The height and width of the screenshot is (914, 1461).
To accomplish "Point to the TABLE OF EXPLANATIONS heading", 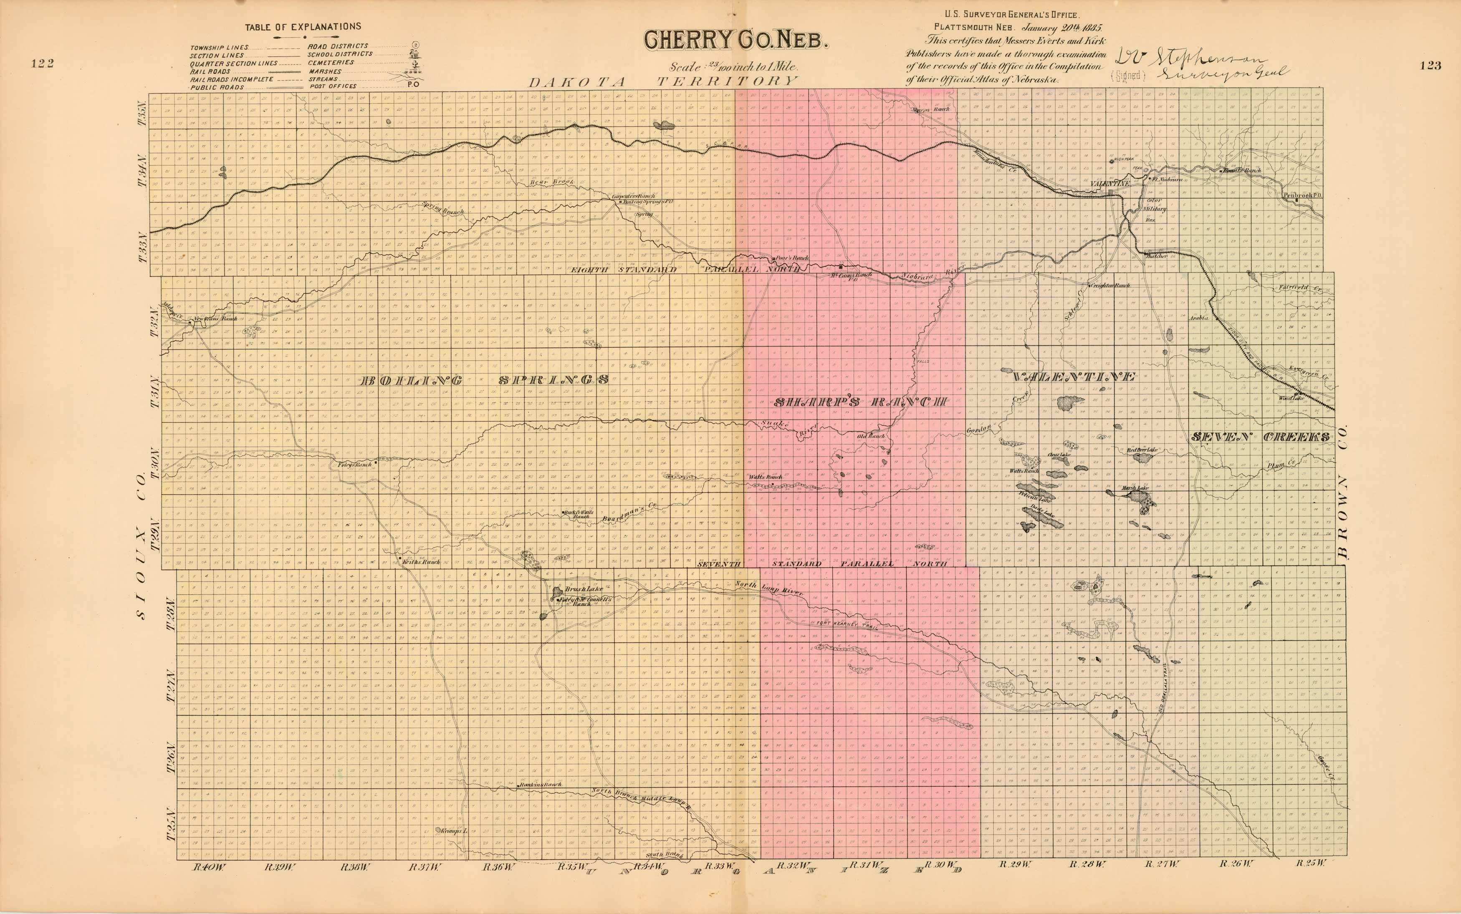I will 303,27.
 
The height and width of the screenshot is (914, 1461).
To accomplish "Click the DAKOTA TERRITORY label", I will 663,82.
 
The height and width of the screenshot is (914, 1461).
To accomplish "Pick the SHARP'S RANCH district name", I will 861,402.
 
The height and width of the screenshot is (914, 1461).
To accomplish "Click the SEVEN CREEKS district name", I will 1260,437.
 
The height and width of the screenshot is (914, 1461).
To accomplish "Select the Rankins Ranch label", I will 541,785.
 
